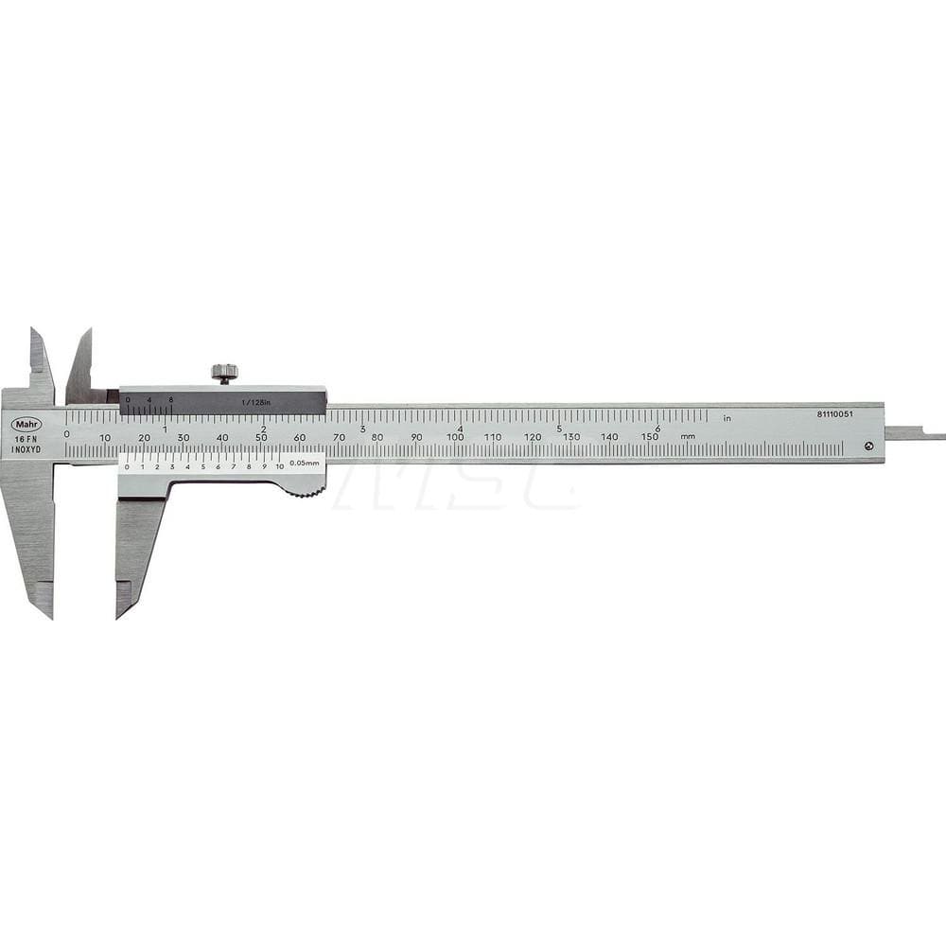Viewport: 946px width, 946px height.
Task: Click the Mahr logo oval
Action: click(26, 423)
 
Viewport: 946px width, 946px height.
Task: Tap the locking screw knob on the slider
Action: click(224, 372)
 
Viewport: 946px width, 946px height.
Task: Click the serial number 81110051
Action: click(836, 414)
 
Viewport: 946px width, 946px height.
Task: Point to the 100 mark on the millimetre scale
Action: click(455, 436)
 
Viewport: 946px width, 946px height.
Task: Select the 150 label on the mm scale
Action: click(649, 436)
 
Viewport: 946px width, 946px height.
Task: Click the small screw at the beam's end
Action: click(869, 446)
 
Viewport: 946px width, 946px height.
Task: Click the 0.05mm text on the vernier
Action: click(304, 463)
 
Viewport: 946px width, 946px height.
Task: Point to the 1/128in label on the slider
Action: click(254, 402)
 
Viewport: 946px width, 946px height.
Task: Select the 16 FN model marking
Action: click(26, 437)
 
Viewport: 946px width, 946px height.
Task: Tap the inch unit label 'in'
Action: click(727, 417)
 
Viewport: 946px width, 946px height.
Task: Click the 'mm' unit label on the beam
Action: click(688, 436)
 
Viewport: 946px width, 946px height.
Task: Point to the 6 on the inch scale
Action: click(657, 428)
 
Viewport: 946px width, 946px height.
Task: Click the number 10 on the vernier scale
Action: click(279, 466)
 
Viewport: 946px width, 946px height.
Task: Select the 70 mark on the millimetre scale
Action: click(339, 436)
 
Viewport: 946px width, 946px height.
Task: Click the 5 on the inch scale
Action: click(559, 428)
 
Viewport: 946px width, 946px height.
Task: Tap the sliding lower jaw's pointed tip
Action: click(119, 616)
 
